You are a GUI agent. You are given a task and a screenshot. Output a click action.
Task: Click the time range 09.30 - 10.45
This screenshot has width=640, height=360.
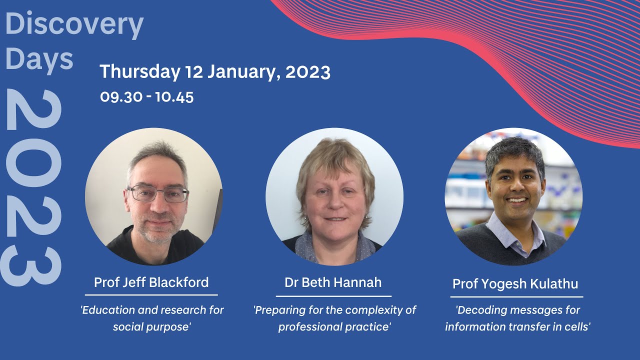[146, 96]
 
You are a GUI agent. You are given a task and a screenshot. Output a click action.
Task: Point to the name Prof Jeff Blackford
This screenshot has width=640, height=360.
[151, 282]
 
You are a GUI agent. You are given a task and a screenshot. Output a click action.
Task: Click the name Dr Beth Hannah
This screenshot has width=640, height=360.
[333, 282]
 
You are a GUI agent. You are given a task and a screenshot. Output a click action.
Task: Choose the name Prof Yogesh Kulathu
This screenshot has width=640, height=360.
[515, 284]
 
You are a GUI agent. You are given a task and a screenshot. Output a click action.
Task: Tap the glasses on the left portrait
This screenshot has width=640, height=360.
[157, 194]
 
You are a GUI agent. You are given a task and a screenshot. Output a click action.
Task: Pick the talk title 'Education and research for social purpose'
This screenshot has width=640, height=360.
[152, 318]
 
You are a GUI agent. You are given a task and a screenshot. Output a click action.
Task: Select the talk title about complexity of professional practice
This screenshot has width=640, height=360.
[334, 318]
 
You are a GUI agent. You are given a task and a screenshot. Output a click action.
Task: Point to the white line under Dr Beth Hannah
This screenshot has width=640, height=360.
[333, 296]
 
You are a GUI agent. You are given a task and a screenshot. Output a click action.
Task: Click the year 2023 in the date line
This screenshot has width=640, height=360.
[307, 72]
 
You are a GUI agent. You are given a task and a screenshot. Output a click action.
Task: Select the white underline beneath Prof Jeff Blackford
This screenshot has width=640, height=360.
[151, 295]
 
